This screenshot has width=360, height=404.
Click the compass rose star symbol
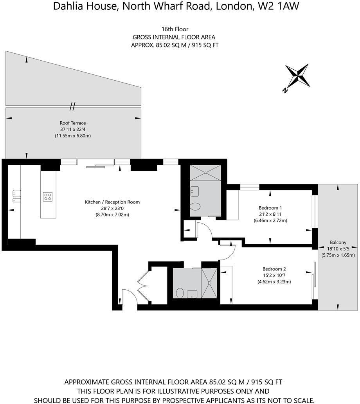tap(298, 76)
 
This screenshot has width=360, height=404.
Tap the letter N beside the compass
tap(285, 91)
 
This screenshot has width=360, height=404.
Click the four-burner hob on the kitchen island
tap(48, 197)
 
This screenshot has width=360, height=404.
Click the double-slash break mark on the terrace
tap(72, 106)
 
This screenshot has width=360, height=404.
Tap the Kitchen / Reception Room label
tap(112, 202)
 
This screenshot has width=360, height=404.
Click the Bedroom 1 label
tap(270, 207)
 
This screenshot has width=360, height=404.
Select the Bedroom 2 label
tap(274, 269)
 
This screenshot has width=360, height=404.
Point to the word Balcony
tap(338, 242)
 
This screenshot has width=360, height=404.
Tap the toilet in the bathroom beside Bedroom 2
tap(180, 292)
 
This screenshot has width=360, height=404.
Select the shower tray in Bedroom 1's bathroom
tap(205, 172)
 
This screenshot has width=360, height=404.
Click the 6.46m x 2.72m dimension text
tap(270, 220)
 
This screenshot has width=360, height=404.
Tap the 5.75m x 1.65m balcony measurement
tap(338, 255)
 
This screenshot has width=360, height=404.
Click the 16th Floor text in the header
tap(175, 29)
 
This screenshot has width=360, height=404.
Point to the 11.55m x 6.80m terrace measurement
tap(72, 136)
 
